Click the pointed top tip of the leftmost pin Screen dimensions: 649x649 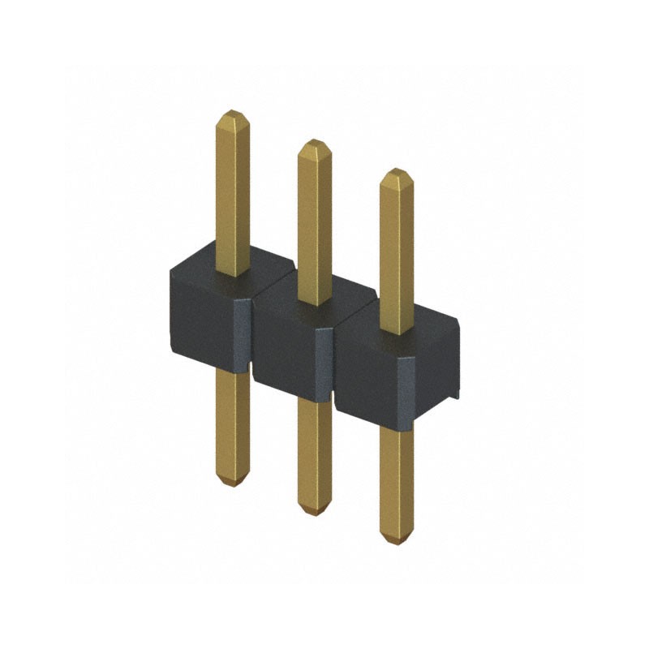[233, 114]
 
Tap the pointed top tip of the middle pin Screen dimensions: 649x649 [314, 144]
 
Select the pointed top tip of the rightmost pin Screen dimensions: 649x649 [396, 173]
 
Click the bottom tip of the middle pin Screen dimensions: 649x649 [314, 511]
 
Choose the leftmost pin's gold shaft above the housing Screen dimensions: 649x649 [233, 195]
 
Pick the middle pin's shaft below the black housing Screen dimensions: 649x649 [314, 454]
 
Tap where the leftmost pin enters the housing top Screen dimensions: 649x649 [233, 273]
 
